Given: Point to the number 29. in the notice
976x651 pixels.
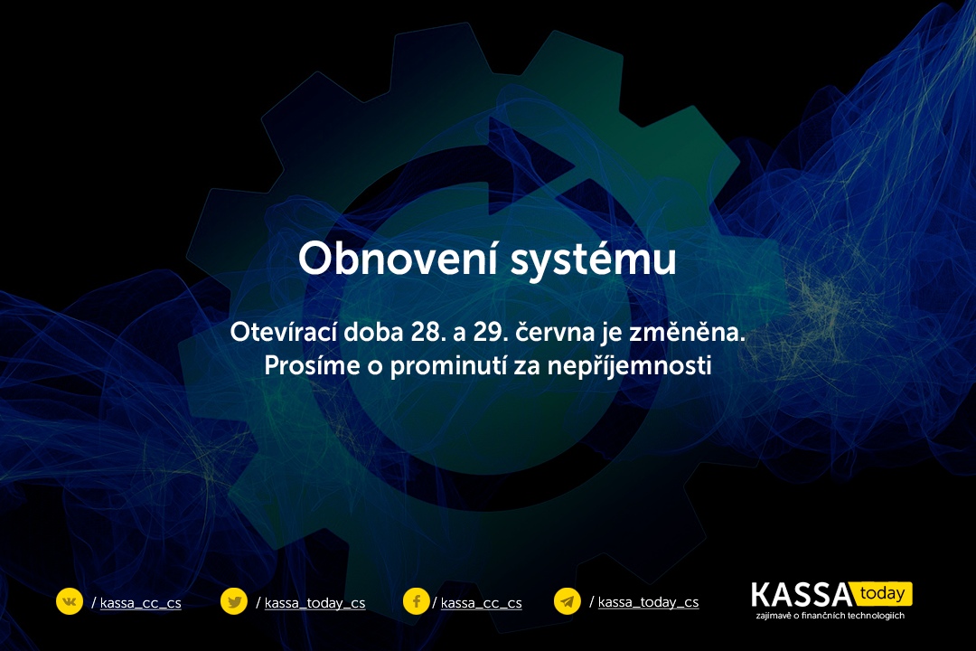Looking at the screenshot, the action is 491,332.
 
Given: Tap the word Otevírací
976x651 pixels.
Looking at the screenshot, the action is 283,332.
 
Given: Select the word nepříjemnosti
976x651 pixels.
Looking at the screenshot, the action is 629,366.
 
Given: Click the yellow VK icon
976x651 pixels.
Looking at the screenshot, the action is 69,601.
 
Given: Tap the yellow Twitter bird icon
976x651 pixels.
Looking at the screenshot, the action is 234,602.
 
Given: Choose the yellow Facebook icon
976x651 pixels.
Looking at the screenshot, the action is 416,601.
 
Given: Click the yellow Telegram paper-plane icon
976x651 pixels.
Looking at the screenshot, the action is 567,601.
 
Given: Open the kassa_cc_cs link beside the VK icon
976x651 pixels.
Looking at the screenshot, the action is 141,603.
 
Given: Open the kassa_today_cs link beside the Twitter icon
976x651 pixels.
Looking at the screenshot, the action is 315,603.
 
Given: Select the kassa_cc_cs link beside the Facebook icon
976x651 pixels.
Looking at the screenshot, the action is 481,603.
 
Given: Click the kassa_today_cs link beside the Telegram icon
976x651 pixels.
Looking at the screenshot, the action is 649,602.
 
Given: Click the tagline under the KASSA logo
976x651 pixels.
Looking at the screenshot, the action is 831,616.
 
